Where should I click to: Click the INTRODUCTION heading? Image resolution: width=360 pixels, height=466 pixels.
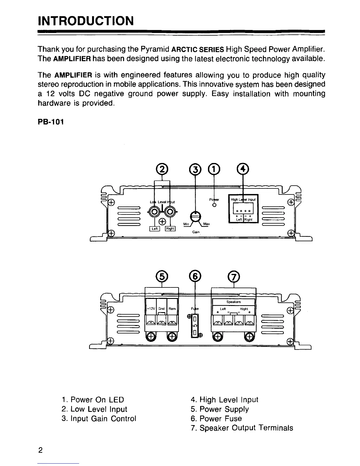[86, 21]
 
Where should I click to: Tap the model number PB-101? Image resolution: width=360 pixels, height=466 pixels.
[51, 122]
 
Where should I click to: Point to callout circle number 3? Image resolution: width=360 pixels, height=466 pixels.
[195, 168]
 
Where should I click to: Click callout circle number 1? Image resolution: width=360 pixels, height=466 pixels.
[214, 168]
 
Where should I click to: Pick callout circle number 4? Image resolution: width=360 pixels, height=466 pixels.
[243, 168]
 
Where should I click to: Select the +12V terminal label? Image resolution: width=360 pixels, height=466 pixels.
[151, 309]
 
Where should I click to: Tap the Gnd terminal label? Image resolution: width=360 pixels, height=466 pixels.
[161, 309]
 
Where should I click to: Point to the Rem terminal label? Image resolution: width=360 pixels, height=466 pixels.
[172, 309]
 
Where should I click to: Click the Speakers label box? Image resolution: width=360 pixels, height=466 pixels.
[234, 302]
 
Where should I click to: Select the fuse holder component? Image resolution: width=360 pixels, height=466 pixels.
[194, 325]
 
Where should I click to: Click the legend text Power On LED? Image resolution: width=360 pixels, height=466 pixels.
[93, 400]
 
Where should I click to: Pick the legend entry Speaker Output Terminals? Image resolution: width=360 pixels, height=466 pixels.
[242, 428]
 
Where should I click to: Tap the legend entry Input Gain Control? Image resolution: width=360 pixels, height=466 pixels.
[99, 419]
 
